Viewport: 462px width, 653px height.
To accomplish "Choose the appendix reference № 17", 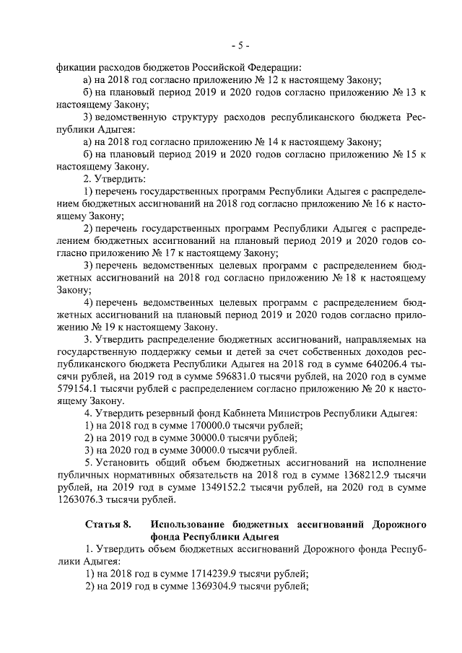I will pyautogui.click(x=169, y=254).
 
